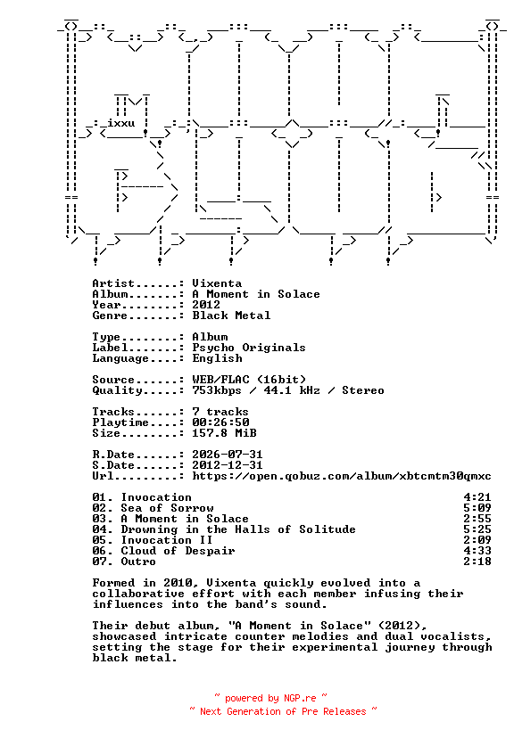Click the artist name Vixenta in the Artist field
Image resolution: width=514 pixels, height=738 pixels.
point(217,283)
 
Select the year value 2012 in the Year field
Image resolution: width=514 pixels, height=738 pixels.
point(206,305)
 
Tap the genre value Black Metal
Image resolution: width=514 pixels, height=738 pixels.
point(231,316)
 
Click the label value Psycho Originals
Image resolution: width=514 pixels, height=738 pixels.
point(249,348)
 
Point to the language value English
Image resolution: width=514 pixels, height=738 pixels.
point(217,358)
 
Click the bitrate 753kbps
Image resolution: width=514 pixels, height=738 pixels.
point(217,390)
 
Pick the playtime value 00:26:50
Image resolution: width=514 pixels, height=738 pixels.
point(220,422)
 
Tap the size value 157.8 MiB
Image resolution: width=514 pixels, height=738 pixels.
point(224,433)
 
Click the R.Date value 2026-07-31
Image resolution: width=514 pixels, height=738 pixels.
point(228,455)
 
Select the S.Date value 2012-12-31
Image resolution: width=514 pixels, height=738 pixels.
point(228,465)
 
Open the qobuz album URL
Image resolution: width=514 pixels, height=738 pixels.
point(342,476)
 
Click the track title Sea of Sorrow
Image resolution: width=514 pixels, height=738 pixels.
point(167,508)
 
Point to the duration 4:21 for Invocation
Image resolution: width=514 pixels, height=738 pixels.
point(477,497)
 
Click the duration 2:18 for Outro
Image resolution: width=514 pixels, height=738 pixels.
point(477,562)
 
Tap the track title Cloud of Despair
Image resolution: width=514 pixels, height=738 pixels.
point(178,551)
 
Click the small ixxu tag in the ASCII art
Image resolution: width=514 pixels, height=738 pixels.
point(121,123)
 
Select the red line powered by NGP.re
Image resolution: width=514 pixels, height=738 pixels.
point(270,698)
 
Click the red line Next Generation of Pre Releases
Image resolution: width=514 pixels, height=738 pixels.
point(283,711)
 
